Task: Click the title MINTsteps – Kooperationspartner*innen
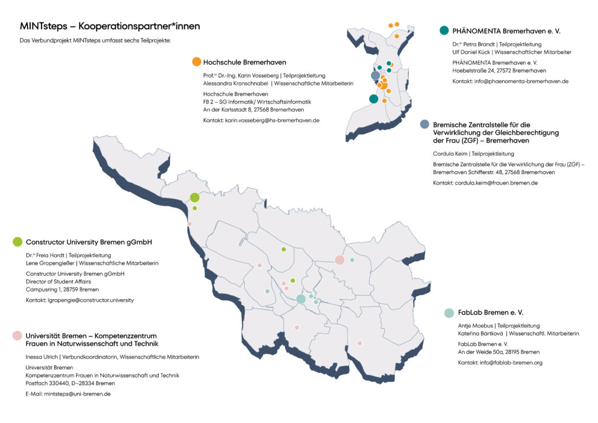tap(110, 26)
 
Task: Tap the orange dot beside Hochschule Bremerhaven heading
tap(197, 62)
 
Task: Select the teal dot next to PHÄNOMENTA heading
tap(444, 30)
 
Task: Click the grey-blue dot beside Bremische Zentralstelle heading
tap(425, 124)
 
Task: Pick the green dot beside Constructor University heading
tap(18, 242)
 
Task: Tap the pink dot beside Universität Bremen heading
tap(18, 335)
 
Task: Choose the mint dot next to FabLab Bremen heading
tap(448, 313)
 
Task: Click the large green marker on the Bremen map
tap(194, 197)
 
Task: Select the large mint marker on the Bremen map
tap(301, 299)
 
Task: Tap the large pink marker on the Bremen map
tap(339, 259)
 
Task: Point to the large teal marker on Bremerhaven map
tap(374, 99)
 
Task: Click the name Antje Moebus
tap(476, 325)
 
